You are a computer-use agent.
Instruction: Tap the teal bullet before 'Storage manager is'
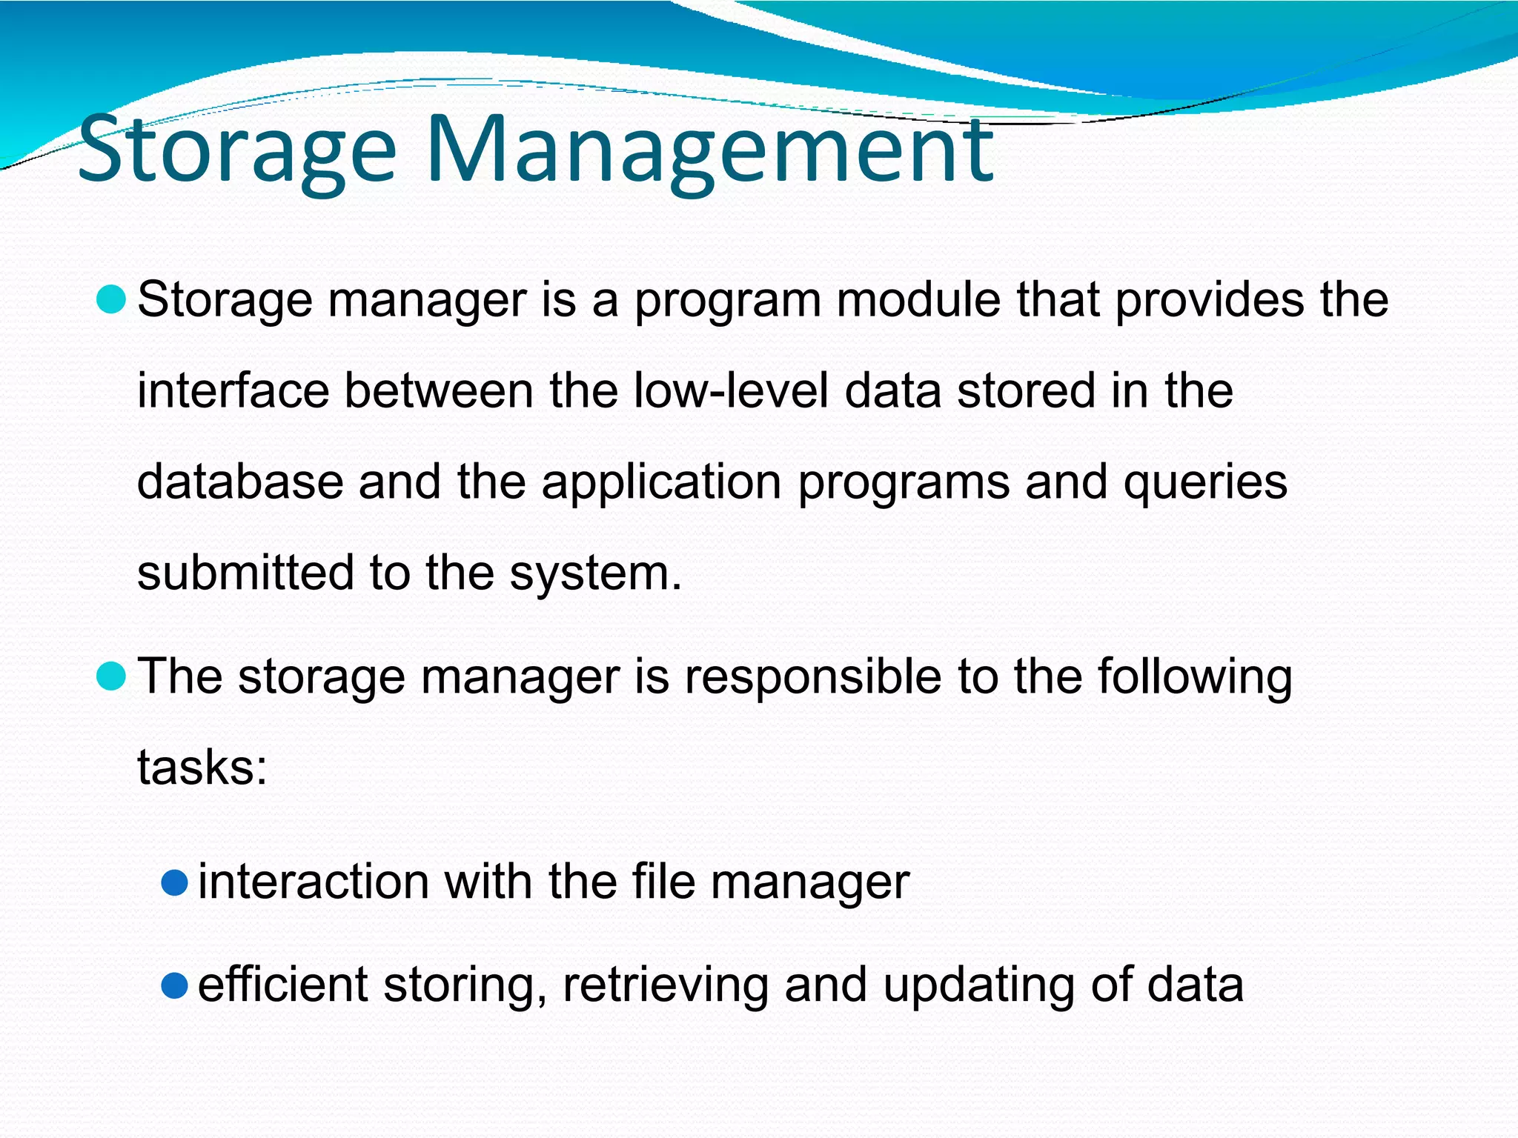pyautogui.click(x=111, y=299)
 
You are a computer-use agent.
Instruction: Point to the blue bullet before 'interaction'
pyautogui.click(x=174, y=882)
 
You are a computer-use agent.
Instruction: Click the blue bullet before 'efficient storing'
pyautogui.click(x=174, y=985)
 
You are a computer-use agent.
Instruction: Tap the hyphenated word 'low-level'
pyautogui.click(x=731, y=390)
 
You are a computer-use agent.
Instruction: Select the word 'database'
pyautogui.click(x=240, y=482)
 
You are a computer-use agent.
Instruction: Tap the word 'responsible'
pyautogui.click(x=812, y=676)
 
